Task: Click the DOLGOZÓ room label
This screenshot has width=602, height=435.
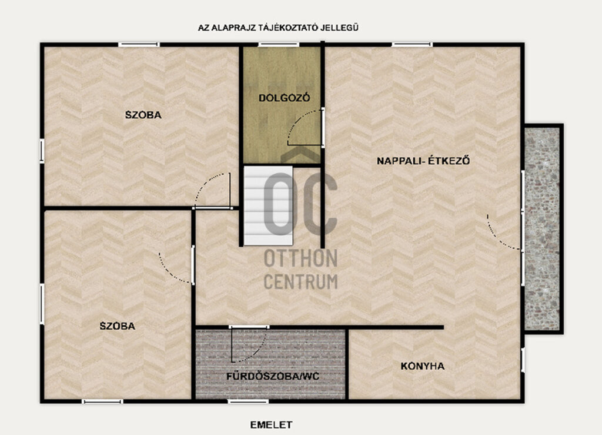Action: coord(284,98)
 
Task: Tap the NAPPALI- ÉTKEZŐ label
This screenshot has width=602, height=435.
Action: coord(423,160)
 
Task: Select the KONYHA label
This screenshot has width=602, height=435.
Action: coord(422,366)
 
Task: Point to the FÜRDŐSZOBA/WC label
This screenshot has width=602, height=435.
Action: coord(273,376)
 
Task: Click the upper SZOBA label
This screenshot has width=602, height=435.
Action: coord(143,115)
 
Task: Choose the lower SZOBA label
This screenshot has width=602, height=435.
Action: coord(118,326)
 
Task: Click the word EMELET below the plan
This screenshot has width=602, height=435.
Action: coord(271,424)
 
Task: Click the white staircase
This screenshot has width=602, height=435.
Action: coord(268,205)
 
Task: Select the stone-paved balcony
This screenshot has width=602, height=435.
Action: coord(542,228)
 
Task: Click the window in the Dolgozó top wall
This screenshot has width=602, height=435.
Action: coord(278,45)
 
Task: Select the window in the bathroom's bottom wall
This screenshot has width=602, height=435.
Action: coord(248,401)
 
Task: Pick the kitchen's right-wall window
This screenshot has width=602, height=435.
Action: coord(523,360)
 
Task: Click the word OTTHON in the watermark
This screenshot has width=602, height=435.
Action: coord(300,258)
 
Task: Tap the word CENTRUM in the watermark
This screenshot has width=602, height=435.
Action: coord(300,282)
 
